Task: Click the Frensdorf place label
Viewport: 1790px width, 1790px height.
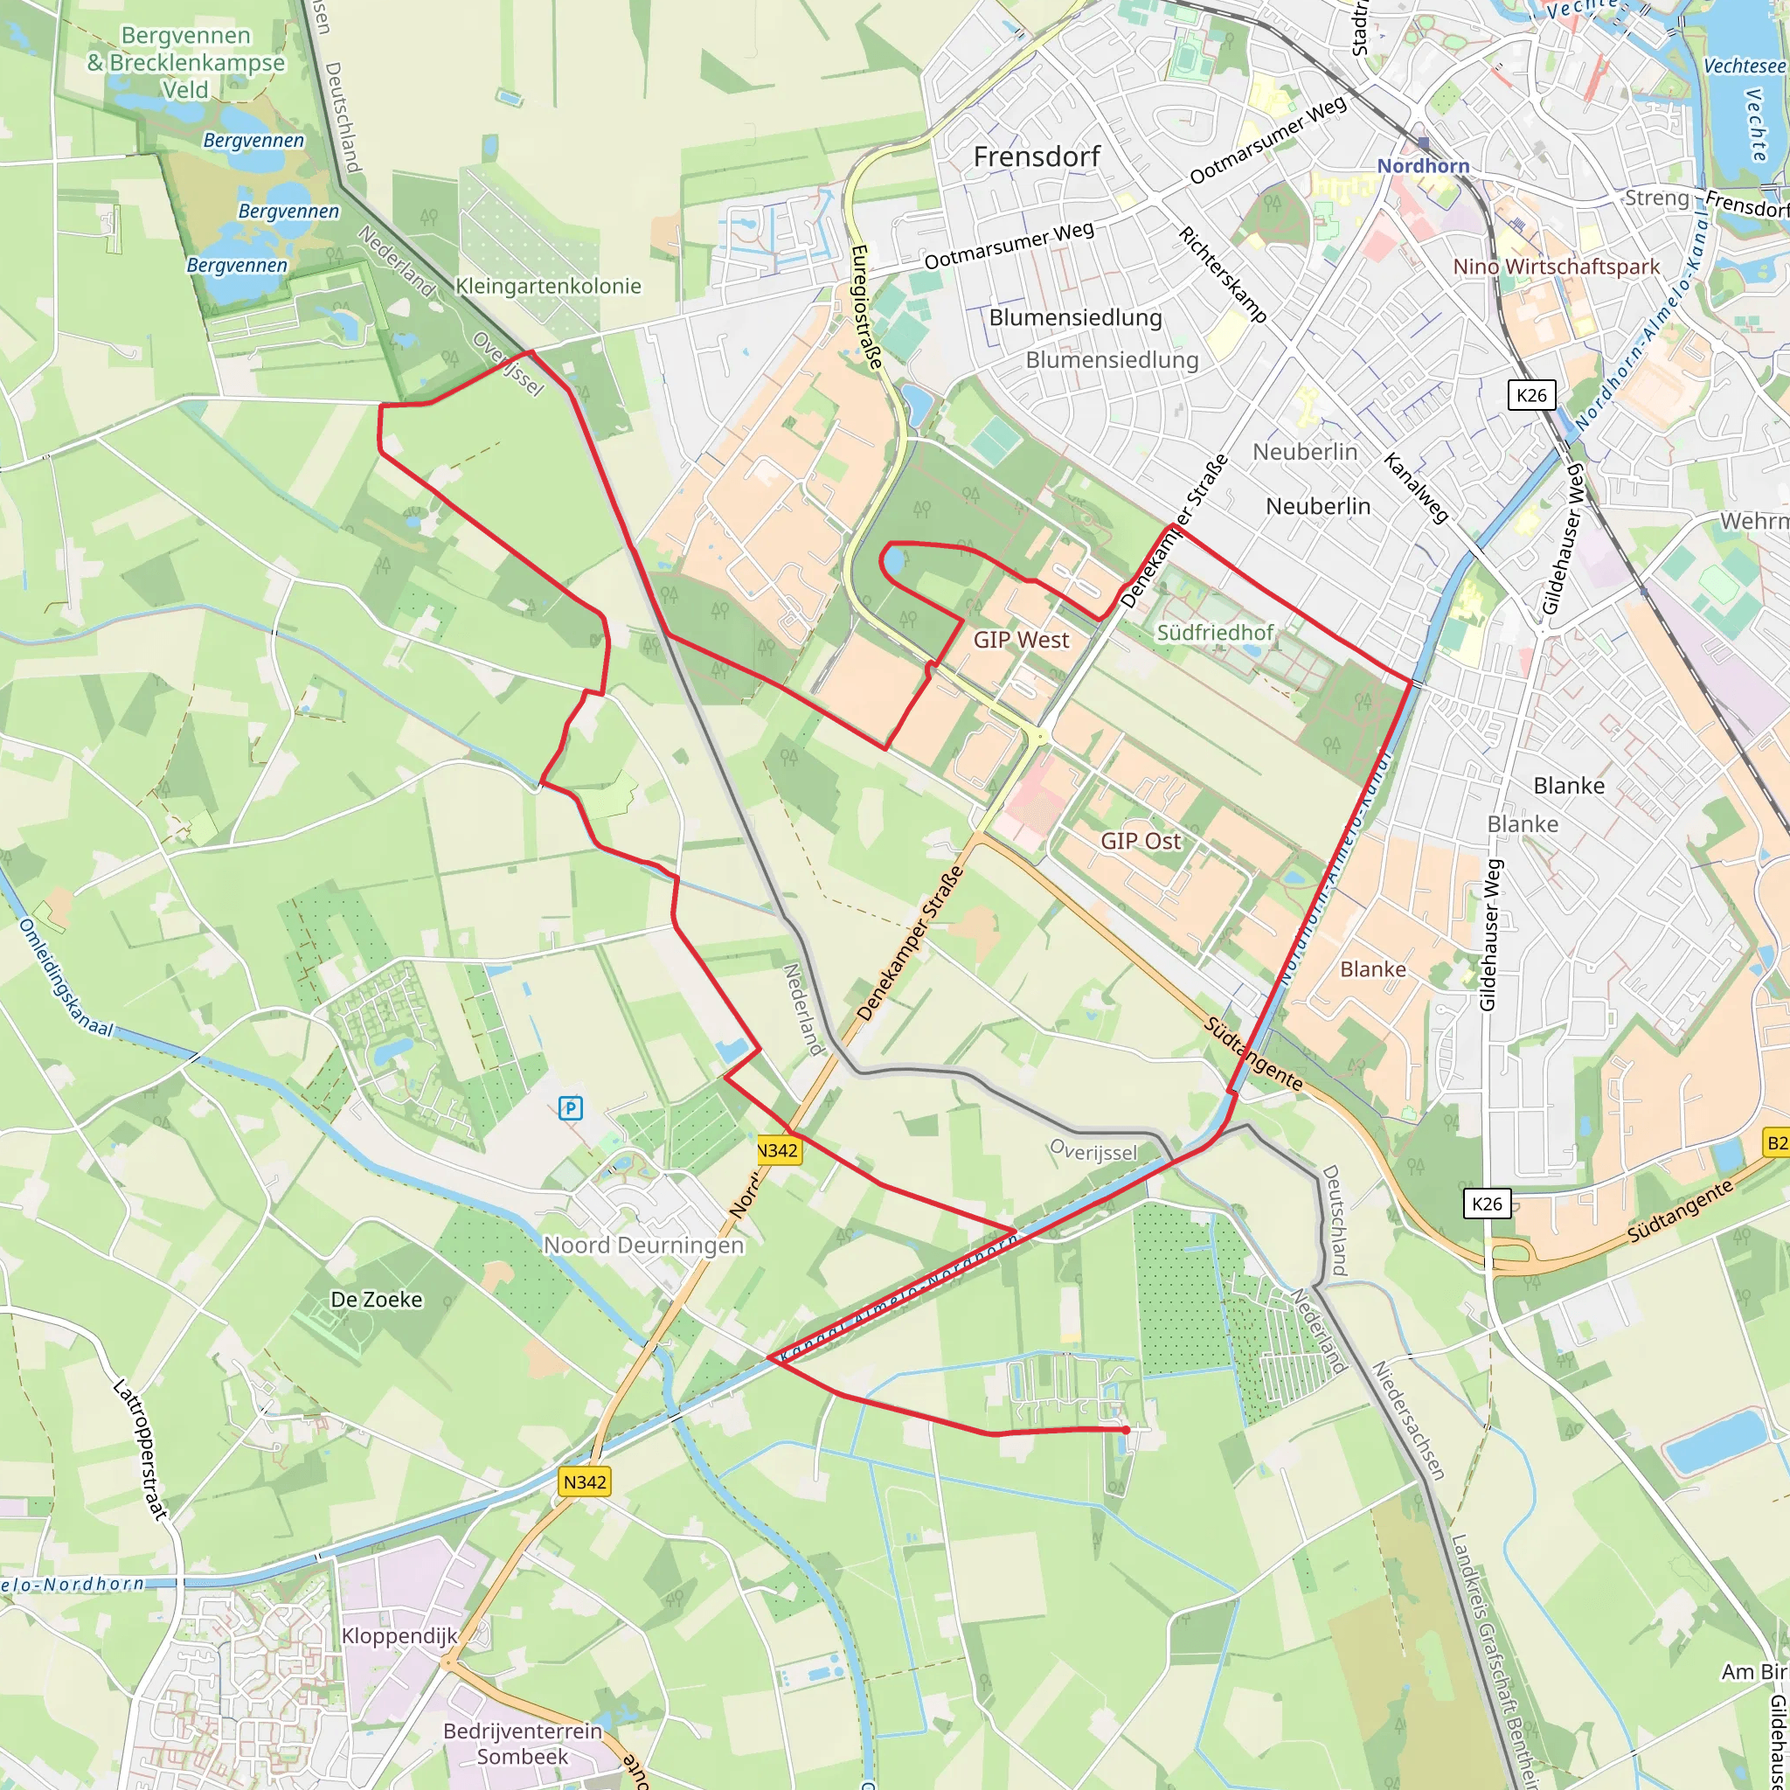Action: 1036,156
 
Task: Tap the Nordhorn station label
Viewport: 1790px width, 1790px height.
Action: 1422,166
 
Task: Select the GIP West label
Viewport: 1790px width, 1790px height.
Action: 1021,639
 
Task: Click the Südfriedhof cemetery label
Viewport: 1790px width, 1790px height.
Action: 1215,632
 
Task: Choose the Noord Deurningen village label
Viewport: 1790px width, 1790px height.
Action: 643,1245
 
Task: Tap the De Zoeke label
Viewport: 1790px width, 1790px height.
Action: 376,1299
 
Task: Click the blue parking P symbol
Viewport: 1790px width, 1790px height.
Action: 571,1107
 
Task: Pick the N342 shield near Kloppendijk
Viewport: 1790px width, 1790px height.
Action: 585,1481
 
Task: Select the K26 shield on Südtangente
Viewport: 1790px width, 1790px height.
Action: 1487,1204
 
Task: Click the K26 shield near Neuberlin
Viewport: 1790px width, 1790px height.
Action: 1531,395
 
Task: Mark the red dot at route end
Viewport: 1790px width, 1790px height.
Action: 1126,1430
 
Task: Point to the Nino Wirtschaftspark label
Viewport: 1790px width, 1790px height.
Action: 1557,266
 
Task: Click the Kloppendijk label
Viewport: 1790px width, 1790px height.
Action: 399,1635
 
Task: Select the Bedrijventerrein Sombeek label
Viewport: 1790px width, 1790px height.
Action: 523,1743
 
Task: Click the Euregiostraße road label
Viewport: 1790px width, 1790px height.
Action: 866,307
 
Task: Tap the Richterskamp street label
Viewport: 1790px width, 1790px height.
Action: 1222,274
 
